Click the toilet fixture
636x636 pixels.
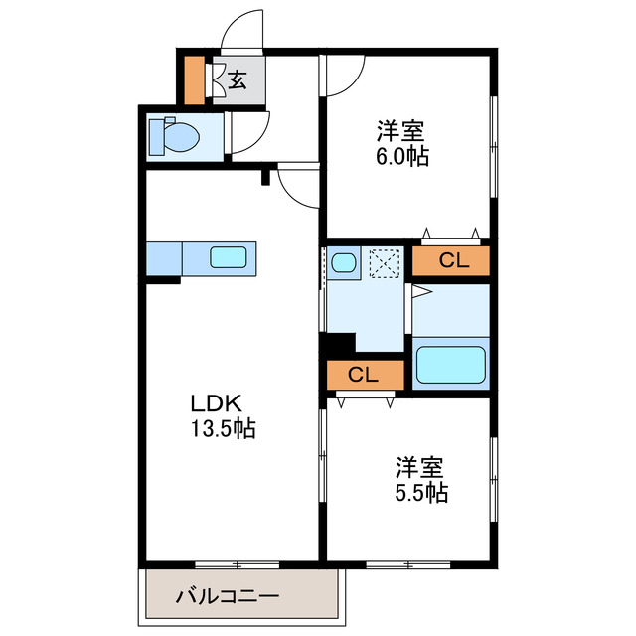[171, 136]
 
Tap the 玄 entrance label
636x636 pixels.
[238, 81]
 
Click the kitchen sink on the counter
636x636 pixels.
[232, 258]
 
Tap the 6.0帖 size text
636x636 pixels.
[402, 156]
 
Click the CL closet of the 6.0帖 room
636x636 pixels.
[453, 261]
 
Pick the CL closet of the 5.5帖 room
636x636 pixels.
[365, 375]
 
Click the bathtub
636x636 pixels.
[450, 365]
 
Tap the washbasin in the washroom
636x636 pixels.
[345, 263]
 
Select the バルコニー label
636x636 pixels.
[229, 596]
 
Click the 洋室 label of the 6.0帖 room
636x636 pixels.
[401, 130]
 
